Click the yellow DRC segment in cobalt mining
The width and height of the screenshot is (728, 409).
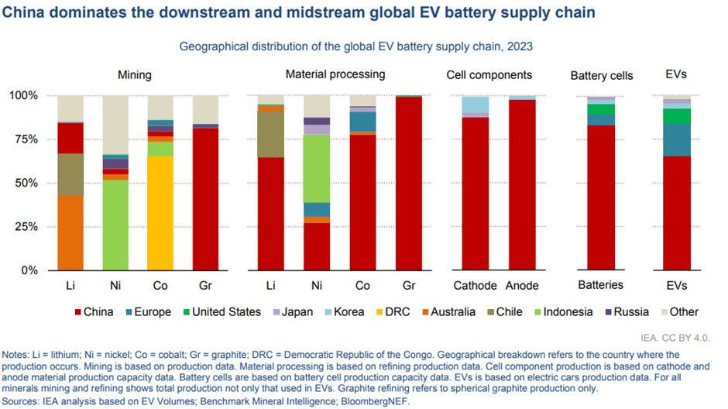160,213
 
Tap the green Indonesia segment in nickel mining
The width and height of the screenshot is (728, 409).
115,225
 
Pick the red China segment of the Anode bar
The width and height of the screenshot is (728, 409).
521,185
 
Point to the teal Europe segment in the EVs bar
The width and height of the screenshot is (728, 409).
676,139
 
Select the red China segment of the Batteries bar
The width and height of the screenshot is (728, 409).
600,198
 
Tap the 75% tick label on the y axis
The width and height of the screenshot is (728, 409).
23,139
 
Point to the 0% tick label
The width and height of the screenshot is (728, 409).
27,270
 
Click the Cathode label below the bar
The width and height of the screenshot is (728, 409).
475,285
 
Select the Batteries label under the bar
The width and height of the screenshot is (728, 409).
600,285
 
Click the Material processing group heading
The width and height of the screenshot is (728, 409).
335,74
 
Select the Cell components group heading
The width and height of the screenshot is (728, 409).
489,75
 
